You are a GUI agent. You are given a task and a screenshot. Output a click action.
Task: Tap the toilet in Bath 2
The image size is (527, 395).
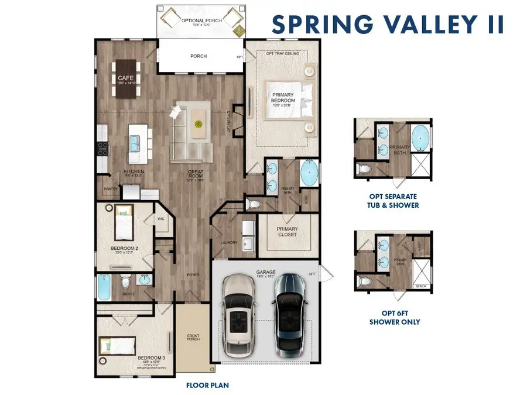point(125,284)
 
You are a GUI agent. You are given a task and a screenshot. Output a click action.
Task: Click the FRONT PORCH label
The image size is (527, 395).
point(193,339)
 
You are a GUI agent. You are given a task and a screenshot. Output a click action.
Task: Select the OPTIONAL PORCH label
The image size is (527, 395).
point(199,20)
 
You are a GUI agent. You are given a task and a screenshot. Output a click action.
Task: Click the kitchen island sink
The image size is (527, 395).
point(135,141)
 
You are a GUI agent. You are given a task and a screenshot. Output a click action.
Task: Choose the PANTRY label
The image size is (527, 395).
point(111,189)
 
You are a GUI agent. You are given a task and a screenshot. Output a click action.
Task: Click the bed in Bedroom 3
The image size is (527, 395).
point(118,346)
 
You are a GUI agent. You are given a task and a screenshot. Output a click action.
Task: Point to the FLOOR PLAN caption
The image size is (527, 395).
point(207,385)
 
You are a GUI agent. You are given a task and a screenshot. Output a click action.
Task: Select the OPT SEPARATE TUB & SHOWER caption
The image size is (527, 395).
point(394,201)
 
